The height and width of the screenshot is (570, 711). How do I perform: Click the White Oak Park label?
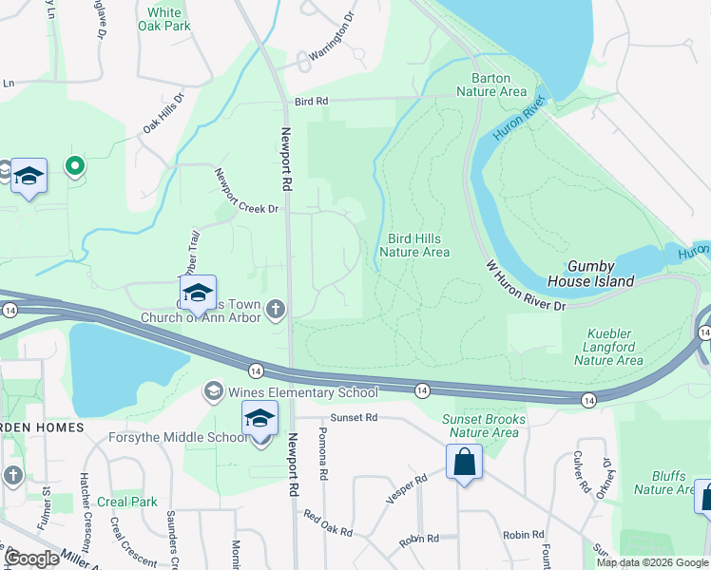pyautogui.click(x=164, y=20)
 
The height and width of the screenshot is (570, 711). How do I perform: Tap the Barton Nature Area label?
pyautogui.click(x=490, y=85)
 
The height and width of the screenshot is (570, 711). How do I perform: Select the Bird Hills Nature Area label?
pyautogui.click(x=414, y=245)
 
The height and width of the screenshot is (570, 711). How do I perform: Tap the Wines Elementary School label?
pyautogui.click(x=300, y=392)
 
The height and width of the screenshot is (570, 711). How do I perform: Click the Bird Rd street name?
pyautogui.click(x=311, y=100)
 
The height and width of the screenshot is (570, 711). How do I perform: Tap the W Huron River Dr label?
pyautogui.click(x=526, y=285)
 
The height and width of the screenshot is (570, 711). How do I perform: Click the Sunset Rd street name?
pyautogui.click(x=354, y=417)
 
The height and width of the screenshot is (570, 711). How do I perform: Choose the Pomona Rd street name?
pyautogui.click(x=324, y=460)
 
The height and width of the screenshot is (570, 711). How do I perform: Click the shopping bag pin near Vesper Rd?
pyautogui.click(x=463, y=465)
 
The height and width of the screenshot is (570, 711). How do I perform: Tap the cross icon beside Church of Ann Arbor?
pyautogui.click(x=276, y=307)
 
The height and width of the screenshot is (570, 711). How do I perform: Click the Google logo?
pyautogui.click(x=32, y=558)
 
